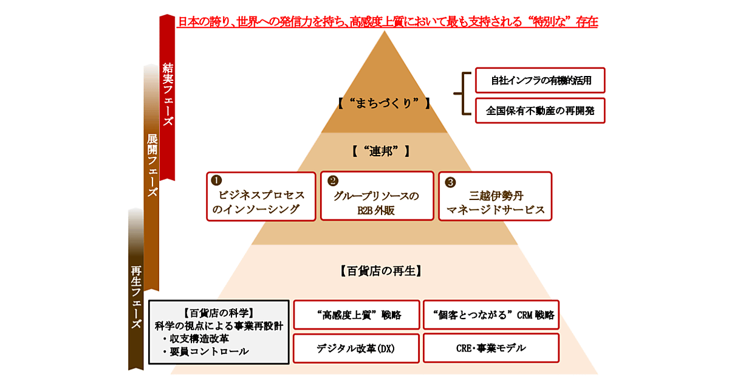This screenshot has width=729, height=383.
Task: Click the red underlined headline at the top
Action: [x=387, y=22]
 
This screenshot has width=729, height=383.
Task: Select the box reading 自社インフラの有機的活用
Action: [x=540, y=80]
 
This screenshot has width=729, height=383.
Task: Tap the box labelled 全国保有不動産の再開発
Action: [x=540, y=111]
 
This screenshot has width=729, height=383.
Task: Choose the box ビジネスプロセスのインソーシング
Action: [x=261, y=196]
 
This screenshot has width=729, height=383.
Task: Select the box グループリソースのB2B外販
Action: [x=377, y=196]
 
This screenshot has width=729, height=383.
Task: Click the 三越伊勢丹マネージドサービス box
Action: [x=495, y=196]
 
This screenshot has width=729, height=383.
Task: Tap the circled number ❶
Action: [x=216, y=181]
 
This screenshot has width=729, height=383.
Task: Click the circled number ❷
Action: [x=332, y=181]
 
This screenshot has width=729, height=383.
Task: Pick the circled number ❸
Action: [x=450, y=181]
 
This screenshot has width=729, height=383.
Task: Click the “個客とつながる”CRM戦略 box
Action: [x=490, y=315]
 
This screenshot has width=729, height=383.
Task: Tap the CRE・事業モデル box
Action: [x=490, y=348]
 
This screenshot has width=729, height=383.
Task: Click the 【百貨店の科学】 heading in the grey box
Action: [x=218, y=314]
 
